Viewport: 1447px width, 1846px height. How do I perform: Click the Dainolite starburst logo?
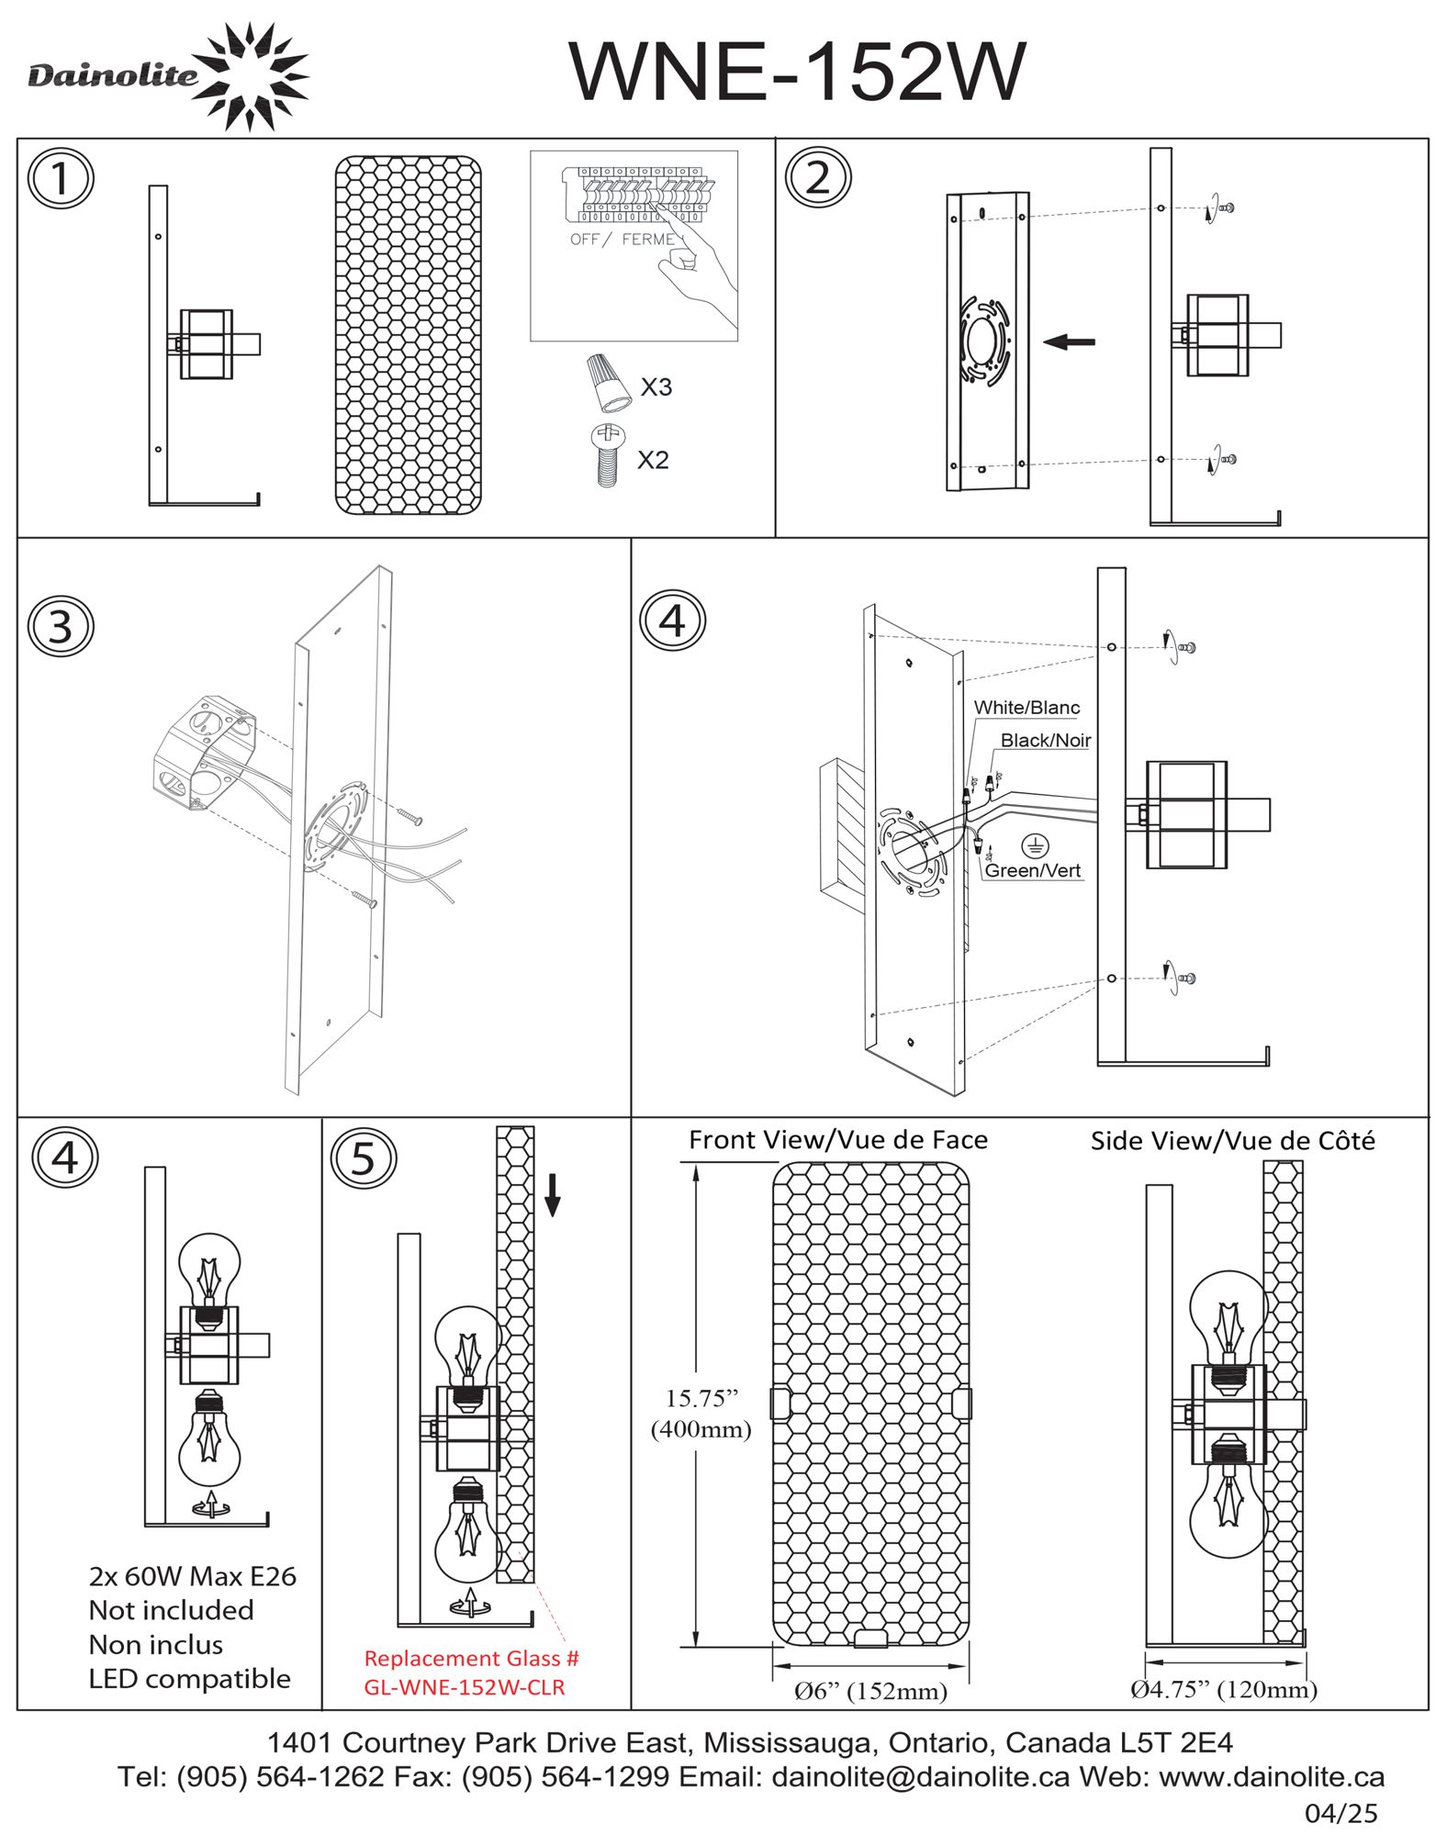(x=252, y=75)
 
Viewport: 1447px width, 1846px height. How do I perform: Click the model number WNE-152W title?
(x=796, y=71)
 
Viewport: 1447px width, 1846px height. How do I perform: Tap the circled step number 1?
(x=61, y=178)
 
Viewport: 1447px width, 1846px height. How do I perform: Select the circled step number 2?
(x=817, y=177)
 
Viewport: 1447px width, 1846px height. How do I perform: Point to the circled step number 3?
(x=61, y=626)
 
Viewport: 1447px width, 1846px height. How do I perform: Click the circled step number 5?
(x=364, y=1158)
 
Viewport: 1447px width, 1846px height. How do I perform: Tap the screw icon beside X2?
(x=605, y=455)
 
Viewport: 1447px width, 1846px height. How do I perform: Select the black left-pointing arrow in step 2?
(x=1069, y=341)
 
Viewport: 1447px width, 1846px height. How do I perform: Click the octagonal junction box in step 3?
(x=203, y=752)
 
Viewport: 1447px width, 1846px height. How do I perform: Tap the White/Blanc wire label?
(x=1026, y=707)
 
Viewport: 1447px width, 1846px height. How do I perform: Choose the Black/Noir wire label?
(x=1045, y=740)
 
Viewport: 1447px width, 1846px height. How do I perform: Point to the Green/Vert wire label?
(x=1032, y=870)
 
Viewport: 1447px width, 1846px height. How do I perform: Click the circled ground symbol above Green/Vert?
(x=1035, y=846)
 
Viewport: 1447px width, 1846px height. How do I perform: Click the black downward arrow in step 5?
(x=552, y=1194)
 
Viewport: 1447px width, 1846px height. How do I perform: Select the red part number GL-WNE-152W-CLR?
(x=465, y=1687)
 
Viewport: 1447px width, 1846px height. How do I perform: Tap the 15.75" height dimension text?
(x=701, y=1398)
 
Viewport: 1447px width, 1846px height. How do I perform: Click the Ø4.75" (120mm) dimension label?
(x=1223, y=1689)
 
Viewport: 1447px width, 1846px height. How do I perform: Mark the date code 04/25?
(x=1341, y=1813)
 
